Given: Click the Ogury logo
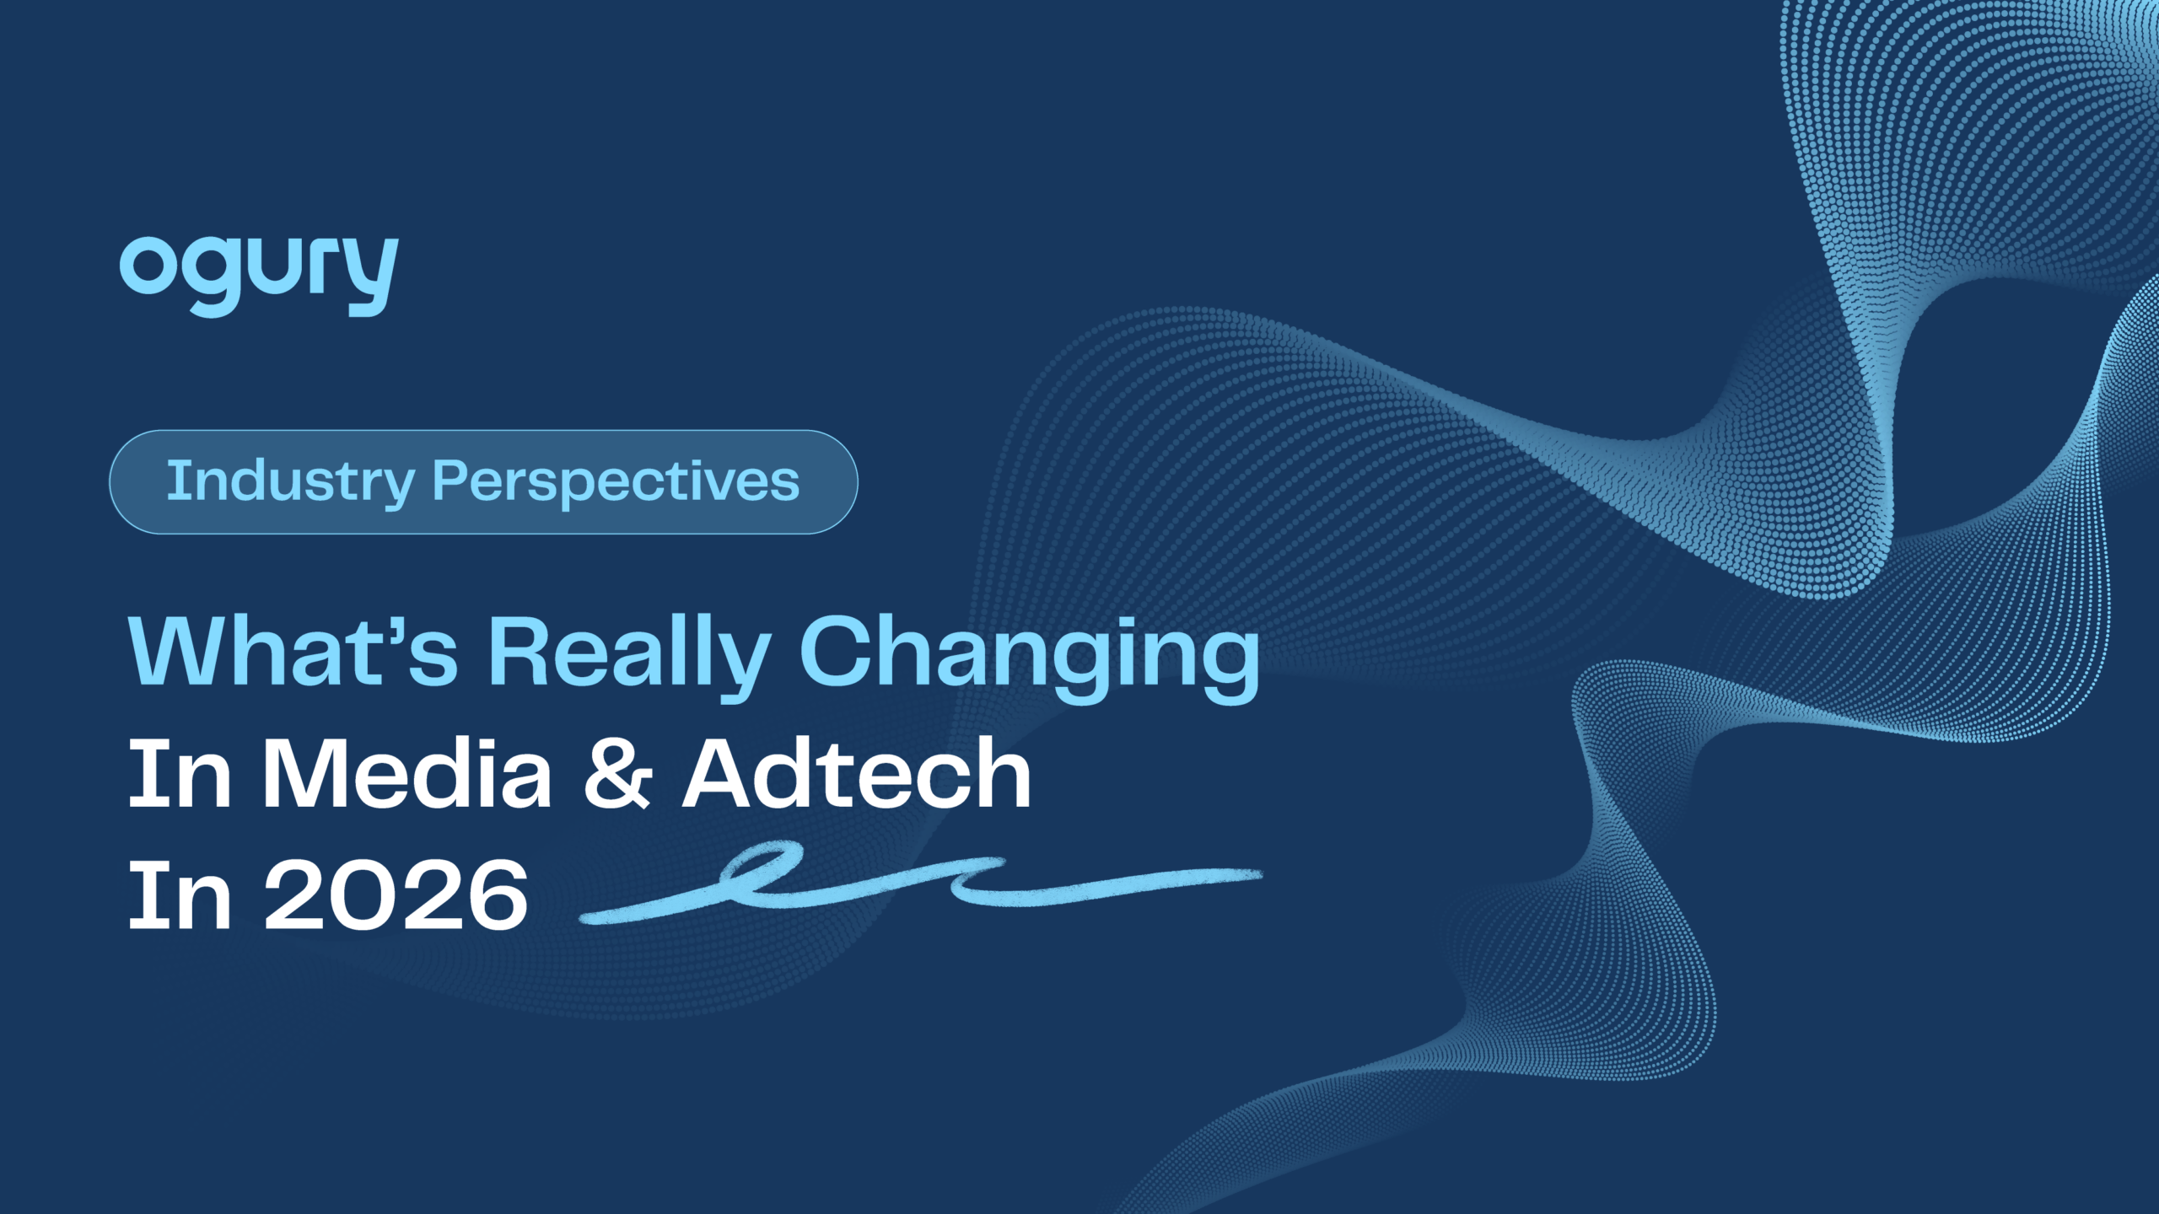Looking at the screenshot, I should click(258, 275).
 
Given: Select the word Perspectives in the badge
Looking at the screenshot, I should click(616, 481).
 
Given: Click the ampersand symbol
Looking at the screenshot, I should click(618, 774).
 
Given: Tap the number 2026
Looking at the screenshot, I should click(396, 894).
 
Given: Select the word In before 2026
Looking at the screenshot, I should click(180, 894).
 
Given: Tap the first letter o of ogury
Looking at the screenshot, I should click(146, 266).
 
